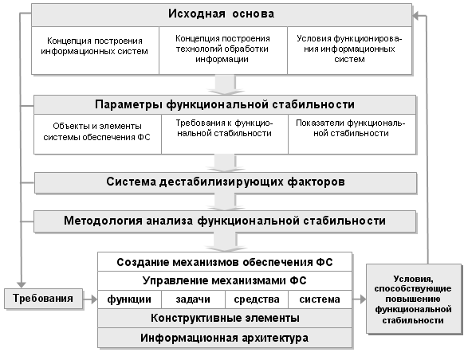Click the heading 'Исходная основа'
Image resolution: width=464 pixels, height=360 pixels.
click(x=222, y=14)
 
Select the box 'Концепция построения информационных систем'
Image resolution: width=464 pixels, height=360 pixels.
click(x=95, y=50)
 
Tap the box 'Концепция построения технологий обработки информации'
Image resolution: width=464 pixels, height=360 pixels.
click(x=223, y=50)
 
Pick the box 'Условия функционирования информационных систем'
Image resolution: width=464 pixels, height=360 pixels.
click(x=349, y=50)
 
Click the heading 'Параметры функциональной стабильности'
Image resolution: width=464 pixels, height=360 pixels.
click(x=225, y=104)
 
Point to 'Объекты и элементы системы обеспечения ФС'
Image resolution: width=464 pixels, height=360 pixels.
click(x=97, y=134)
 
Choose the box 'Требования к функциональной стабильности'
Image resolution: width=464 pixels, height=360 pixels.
click(x=225, y=134)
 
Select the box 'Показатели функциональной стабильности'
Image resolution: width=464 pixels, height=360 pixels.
click(x=352, y=134)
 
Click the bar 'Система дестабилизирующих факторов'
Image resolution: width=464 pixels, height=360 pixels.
click(x=226, y=182)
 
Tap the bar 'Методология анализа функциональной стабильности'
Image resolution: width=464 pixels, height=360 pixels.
click(x=225, y=221)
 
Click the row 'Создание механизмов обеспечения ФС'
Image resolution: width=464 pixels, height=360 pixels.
click(x=225, y=262)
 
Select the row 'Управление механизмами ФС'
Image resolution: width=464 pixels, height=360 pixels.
click(x=225, y=280)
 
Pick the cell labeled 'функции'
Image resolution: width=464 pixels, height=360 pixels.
click(x=130, y=299)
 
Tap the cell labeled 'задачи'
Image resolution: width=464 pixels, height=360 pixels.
click(x=193, y=299)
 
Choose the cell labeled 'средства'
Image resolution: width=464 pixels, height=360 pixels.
click(x=257, y=299)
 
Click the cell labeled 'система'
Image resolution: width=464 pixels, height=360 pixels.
click(x=320, y=299)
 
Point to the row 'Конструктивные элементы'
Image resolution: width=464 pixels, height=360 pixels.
click(x=225, y=319)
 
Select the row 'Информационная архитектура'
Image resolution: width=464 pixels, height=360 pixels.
click(x=225, y=338)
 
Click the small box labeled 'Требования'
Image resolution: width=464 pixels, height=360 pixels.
click(x=43, y=299)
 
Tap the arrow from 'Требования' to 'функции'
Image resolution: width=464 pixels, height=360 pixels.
click(x=90, y=299)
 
